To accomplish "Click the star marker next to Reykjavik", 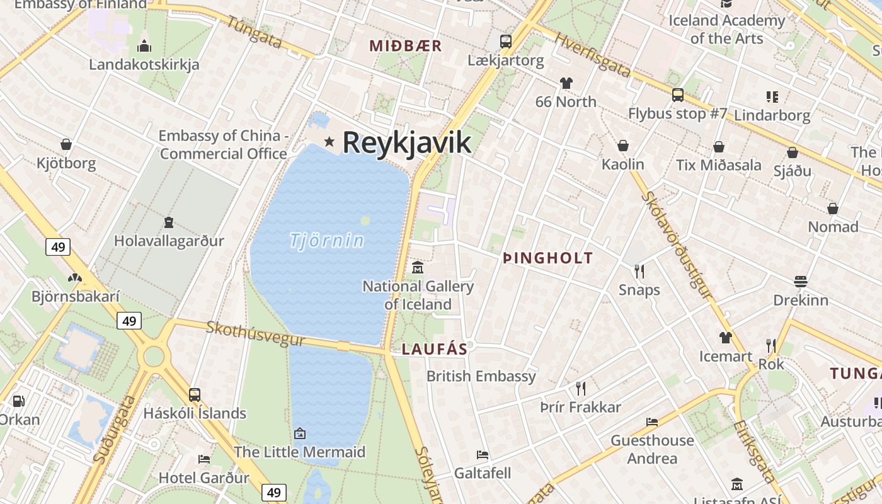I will coord(329,141).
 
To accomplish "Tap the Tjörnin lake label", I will coord(327,241).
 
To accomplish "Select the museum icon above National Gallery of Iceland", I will coord(417,268).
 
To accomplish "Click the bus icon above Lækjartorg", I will coord(505,42).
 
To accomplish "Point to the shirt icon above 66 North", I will coord(566,83).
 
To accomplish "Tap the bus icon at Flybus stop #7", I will coord(678,95).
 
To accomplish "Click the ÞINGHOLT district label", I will coord(547,258).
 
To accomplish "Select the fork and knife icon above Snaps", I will coord(639,272).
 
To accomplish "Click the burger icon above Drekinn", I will coord(801,281).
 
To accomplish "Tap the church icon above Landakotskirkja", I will coord(144,46).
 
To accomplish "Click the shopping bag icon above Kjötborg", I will coord(66,145).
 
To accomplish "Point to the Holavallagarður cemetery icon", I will coord(169,222).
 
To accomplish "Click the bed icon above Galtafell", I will coord(483,454).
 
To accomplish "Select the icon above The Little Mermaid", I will coord(300,433).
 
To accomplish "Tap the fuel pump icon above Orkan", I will coord(19,401).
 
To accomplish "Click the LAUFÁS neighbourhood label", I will coord(435,349).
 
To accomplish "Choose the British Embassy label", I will coord(481,376).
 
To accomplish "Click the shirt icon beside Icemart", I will coord(725,338).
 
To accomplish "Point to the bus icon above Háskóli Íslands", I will coord(195,395).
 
